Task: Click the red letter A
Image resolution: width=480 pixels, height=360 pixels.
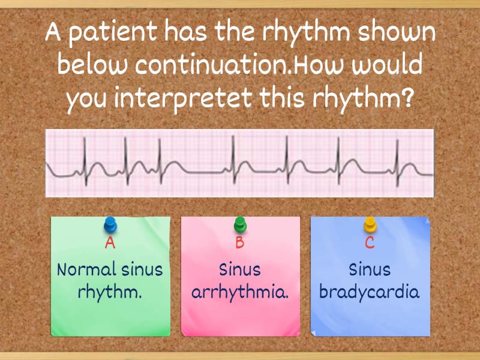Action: [110, 243]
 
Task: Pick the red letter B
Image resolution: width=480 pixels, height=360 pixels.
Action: [240, 243]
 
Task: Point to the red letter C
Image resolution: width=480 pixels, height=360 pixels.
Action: [370, 243]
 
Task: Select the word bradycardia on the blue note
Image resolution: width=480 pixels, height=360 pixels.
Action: [370, 293]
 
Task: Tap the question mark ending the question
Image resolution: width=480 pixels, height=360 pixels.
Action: [408, 96]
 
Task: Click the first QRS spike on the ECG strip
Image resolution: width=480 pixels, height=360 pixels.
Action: [85, 150]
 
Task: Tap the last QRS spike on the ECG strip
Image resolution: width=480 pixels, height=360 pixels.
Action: [396, 150]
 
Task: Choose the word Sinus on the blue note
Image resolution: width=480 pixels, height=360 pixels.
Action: [370, 269]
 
